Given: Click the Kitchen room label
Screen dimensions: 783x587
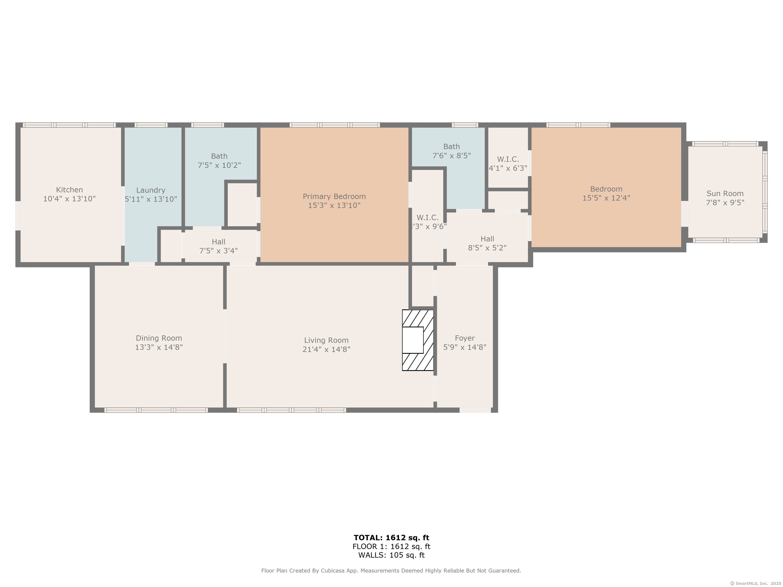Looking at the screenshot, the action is [70, 190].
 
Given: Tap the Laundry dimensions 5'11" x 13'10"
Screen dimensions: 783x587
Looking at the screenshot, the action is [151, 199].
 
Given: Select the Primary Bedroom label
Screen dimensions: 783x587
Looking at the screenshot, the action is [334, 196].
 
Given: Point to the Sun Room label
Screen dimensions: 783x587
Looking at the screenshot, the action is [725, 193].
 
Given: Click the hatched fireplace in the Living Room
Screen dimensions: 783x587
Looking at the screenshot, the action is [418, 340].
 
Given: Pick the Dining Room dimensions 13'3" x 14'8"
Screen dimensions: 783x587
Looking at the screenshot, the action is [159, 347].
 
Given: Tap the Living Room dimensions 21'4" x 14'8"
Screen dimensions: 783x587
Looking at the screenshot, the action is [326, 349].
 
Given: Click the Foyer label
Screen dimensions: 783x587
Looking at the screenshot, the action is [465, 338].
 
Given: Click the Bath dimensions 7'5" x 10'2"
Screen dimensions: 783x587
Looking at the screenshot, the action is [219, 165].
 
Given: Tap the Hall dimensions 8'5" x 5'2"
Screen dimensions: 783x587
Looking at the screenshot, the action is [487, 248].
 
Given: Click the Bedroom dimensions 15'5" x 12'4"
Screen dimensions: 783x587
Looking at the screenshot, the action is [606, 198].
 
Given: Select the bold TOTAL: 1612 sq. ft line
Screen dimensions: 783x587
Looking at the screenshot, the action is [391, 538].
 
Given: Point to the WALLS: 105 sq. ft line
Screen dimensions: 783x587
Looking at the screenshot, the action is [391, 555].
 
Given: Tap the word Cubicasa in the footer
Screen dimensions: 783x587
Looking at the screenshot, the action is [332, 570].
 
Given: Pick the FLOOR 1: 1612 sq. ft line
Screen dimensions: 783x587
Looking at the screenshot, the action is [391, 546].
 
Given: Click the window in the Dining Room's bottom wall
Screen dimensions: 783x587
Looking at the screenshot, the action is [156, 410].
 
